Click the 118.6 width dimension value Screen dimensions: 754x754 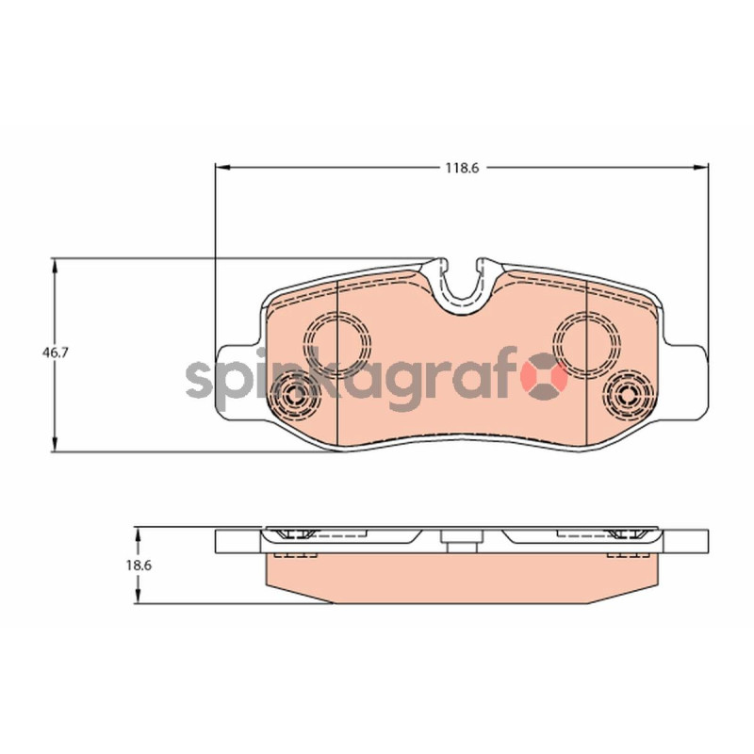click(x=462, y=168)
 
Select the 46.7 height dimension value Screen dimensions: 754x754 click(x=56, y=352)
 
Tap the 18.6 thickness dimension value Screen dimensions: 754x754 click(x=139, y=565)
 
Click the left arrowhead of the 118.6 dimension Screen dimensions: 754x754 click(x=223, y=168)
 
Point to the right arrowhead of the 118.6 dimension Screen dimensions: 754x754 click(x=700, y=168)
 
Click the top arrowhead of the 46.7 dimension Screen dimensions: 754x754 click(x=55, y=266)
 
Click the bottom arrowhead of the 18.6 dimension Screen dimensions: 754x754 click(x=138, y=596)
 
